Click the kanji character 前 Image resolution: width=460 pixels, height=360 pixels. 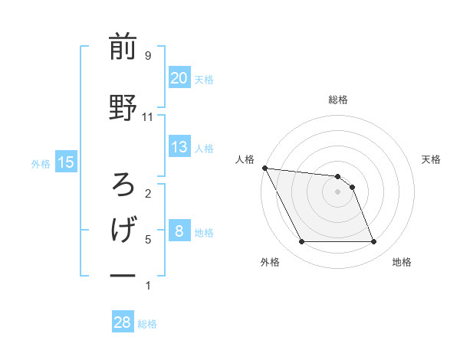click(123, 47)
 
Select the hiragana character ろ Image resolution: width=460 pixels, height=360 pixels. click(123, 185)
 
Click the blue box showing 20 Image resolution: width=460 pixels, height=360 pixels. click(179, 78)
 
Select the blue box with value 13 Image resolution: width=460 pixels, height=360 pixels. click(179, 147)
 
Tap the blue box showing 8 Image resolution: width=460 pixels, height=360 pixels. click(179, 231)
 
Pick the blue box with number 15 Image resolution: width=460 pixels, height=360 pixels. click(65, 162)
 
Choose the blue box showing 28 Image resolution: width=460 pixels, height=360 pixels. click(123, 322)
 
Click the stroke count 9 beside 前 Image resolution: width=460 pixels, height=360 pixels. click(147, 55)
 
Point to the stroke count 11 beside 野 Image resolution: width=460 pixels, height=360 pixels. click(147, 117)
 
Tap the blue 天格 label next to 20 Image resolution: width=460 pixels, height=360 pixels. click(204, 79)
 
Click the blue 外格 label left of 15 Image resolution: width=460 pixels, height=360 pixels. click(41, 162)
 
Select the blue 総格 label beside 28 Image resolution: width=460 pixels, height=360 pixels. click(148, 323)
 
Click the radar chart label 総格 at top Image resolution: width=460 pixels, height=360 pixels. click(337, 100)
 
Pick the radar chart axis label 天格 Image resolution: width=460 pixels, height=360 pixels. click(432, 159)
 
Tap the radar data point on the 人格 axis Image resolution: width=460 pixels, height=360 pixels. click(264, 168)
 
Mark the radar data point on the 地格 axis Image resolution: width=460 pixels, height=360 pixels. click(373, 242)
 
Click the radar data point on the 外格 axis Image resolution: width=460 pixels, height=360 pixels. click(301, 242)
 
